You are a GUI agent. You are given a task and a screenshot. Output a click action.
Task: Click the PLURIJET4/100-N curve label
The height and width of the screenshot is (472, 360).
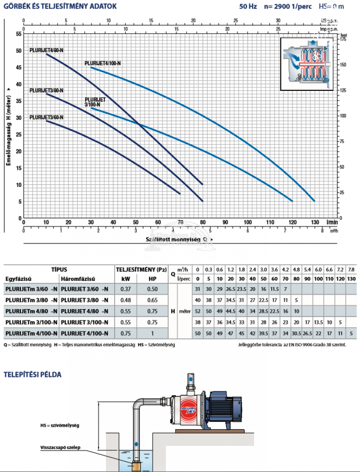pos(103,63)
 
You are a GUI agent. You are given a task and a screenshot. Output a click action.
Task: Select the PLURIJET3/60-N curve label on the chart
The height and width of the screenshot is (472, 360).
pos(46,117)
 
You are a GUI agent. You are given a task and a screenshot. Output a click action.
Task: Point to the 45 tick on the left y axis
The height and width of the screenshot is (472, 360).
pos(19,67)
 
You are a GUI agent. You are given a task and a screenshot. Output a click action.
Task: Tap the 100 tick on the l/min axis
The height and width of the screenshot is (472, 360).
pos(248,222)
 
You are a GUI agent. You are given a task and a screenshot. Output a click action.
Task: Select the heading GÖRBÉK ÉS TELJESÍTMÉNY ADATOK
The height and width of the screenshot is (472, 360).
pos(60,6)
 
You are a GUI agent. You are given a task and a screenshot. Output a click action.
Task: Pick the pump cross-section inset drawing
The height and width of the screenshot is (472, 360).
pos(307,64)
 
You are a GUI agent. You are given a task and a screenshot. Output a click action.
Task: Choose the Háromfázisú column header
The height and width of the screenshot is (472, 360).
pos(78,279)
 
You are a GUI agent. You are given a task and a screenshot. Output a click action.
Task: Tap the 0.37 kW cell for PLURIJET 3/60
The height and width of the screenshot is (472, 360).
pos(126,289)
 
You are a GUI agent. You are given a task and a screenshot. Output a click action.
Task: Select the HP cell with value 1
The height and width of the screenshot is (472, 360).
pos(152,333)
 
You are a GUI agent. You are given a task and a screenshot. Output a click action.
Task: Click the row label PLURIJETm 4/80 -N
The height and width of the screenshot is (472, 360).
pos(31,311)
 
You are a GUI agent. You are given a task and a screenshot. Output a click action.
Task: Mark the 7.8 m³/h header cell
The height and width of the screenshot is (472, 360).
pos(351,270)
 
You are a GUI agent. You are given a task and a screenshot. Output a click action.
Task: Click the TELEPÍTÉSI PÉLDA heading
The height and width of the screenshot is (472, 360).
pos(32,375)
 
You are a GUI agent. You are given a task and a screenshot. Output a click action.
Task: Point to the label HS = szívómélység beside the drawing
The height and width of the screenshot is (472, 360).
pos(59,426)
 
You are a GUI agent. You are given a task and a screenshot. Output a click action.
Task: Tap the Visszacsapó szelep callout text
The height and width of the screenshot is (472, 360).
pos(60,447)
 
